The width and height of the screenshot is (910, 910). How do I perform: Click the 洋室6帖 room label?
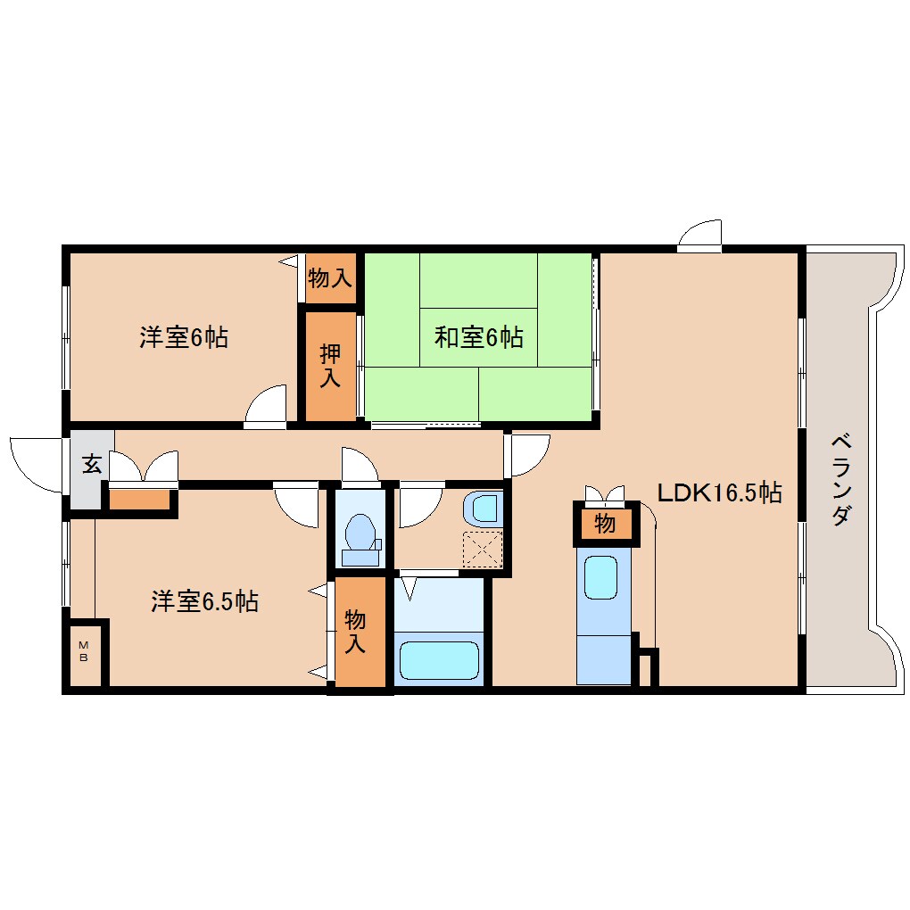coord(183,337)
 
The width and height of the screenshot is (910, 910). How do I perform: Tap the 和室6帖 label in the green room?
coord(478,337)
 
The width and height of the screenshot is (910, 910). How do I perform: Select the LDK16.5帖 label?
coord(719,492)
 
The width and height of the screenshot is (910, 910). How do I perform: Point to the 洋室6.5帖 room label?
coord(204,601)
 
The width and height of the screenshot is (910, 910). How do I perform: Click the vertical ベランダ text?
coord(840,479)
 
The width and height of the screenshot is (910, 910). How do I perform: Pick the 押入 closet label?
coord(330,365)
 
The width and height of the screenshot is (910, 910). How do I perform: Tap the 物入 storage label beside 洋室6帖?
coord(329,277)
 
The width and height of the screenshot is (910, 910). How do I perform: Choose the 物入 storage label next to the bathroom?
coord(356,632)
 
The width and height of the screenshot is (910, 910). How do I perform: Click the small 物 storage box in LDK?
coord(606,525)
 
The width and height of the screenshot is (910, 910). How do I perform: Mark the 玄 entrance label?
coord(91,464)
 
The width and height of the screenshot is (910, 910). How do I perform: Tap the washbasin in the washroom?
coord(484,509)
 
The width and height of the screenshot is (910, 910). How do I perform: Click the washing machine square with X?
coord(483,548)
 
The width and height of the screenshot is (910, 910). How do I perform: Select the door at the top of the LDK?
coord(700,235)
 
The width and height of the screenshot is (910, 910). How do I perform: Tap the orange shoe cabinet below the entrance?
coord(139,500)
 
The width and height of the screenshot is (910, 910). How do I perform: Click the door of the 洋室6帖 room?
coord(267,407)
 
